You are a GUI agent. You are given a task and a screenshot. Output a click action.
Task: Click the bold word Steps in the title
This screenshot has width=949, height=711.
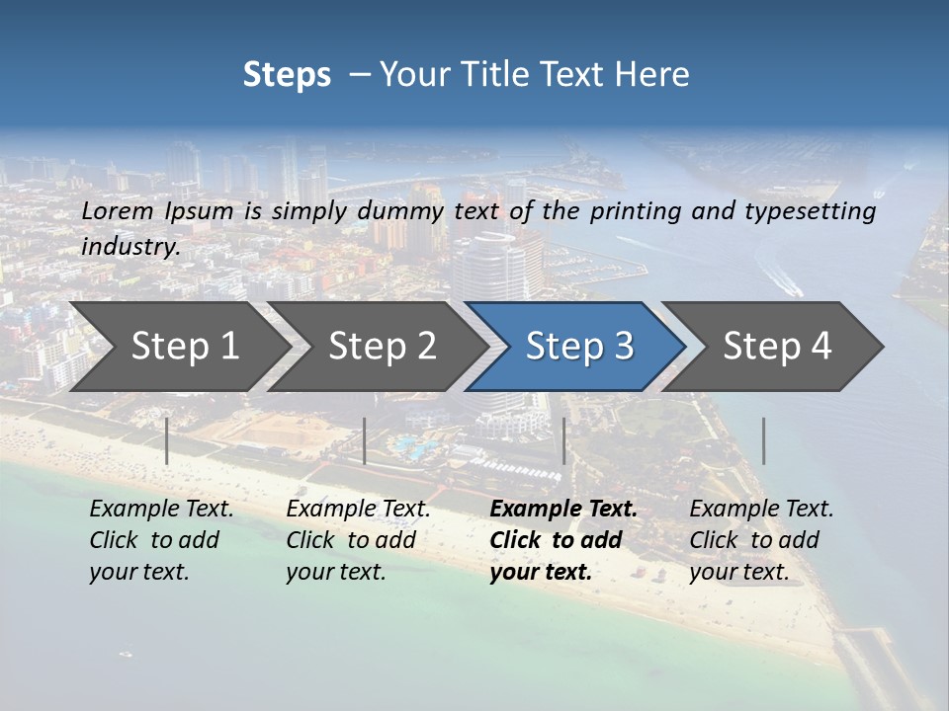287,75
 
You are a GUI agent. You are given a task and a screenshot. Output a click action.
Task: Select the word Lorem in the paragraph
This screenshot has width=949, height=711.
118,211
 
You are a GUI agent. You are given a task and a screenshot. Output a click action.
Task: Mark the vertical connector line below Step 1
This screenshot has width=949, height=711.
167,440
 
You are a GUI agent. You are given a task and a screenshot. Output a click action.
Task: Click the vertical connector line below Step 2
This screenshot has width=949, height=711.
365,440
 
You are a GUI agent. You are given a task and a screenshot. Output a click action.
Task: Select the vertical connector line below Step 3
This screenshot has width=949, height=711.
564,440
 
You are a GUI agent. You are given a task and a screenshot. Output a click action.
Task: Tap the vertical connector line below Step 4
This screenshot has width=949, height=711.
763,440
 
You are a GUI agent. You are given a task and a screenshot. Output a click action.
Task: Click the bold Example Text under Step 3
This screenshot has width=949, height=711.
563,510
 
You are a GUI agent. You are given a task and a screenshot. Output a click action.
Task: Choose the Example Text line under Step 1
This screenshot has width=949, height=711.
161,510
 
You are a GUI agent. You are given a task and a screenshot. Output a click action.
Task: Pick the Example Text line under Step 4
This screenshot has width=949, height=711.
761,510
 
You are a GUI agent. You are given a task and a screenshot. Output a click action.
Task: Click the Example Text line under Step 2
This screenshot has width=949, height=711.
358,510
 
